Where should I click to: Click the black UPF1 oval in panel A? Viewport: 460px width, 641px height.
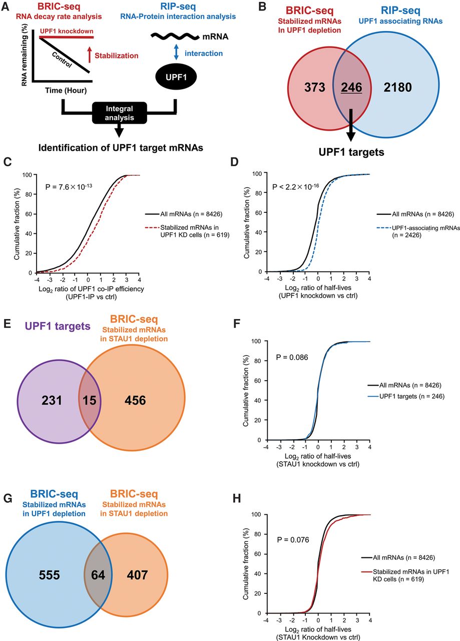(x=176, y=77)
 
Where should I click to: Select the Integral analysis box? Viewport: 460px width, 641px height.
(x=119, y=113)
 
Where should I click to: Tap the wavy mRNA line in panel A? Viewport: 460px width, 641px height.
(x=175, y=37)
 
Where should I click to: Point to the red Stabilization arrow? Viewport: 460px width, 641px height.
(x=90, y=55)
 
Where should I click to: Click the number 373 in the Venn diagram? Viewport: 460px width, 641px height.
(x=315, y=87)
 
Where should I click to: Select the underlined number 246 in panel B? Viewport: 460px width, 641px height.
(x=351, y=87)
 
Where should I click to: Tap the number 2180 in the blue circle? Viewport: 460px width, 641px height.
(x=397, y=87)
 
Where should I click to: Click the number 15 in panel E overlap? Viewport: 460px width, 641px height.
(x=89, y=400)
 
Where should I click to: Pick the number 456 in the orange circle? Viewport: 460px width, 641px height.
(x=135, y=400)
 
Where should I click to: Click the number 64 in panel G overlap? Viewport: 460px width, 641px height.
(x=98, y=575)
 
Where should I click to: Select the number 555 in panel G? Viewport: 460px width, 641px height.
(x=49, y=575)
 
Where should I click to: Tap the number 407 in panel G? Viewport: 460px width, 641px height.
(x=137, y=575)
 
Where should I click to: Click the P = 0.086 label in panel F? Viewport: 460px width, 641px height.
(x=292, y=358)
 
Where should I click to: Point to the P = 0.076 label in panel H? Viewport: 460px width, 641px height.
(x=293, y=540)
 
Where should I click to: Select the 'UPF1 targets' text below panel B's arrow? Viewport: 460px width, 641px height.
(x=351, y=152)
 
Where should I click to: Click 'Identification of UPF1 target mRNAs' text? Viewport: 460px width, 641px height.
(x=121, y=148)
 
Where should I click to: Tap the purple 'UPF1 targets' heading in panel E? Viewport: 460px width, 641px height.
(x=58, y=326)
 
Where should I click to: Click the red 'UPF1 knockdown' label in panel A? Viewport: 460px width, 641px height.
(x=67, y=31)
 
